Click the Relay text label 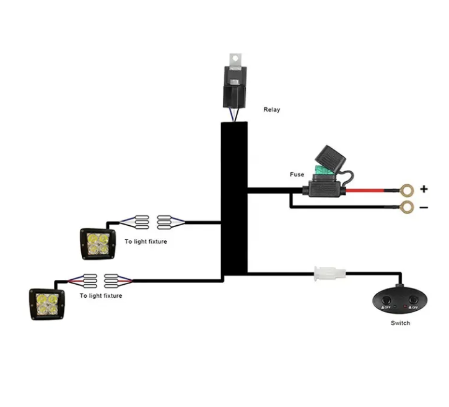(271, 110)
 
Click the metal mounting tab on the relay (233, 59)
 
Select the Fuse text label (297, 174)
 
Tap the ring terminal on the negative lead (406, 208)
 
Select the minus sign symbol (424, 207)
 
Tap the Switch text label (400, 323)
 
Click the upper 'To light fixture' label (146, 241)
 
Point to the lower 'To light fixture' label (100, 296)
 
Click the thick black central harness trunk (234, 199)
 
